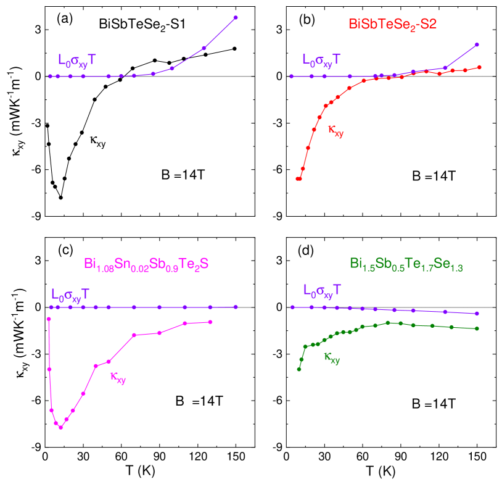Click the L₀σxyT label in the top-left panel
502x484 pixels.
(x=76, y=60)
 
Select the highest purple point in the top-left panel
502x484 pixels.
(x=236, y=17)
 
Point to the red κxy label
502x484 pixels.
(x=335, y=130)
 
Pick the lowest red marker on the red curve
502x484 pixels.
(x=298, y=178)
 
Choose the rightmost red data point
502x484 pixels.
(x=479, y=67)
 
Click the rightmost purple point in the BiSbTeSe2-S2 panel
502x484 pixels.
(x=477, y=44)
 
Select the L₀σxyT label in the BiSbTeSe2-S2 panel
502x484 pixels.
(x=321, y=60)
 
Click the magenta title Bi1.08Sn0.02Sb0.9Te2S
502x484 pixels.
(x=146, y=264)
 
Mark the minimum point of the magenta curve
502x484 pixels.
(x=60, y=427)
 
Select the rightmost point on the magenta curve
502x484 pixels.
(x=210, y=322)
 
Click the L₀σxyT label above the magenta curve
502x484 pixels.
(x=70, y=294)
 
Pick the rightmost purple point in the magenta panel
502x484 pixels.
(x=236, y=307)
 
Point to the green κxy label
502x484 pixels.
(x=332, y=358)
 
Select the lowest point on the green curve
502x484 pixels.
(x=299, y=369)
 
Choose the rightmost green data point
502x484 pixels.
(x=477, y=328)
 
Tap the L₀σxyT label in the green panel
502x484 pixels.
(x=322, y=291)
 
